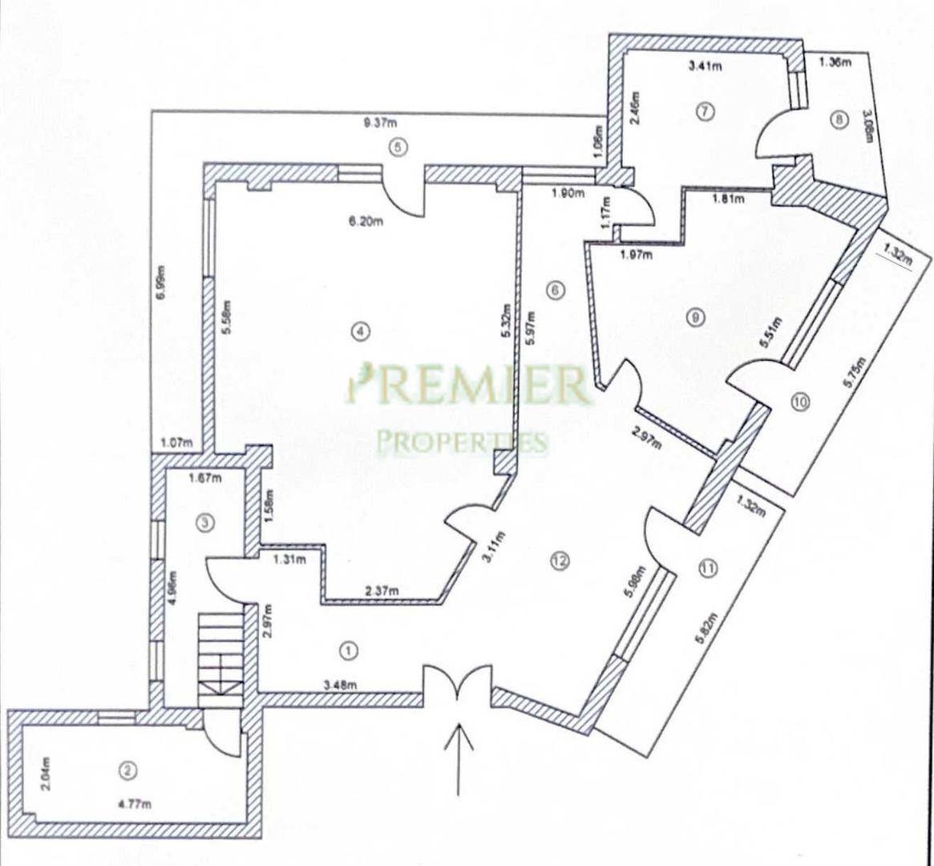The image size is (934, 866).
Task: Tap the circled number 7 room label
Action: point(705,111)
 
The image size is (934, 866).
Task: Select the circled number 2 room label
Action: point(125,771)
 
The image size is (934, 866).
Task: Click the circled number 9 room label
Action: point(695,318)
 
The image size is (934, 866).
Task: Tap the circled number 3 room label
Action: point(205,523)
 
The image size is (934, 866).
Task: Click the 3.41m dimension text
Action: point(706,66)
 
